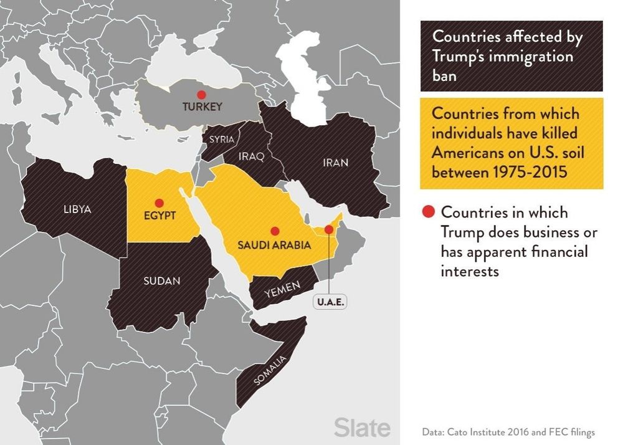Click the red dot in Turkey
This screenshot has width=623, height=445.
click(201, 95)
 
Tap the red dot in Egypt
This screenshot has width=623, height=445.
click(159, 203)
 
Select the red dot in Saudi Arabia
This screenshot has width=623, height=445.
click(275, 231)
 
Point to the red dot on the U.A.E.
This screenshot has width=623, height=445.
click(329, 229)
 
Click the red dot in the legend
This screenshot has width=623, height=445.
click(428, 212)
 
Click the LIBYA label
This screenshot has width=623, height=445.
click(77, 209)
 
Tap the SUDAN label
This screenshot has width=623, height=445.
click(161, 280)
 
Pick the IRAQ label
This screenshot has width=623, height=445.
click(252, 156)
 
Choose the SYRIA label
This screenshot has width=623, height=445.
click(222, 140)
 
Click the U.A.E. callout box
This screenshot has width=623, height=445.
click(330, 302)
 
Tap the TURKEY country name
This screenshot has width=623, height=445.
click(202, 107)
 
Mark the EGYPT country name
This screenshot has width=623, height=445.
click(159, 216)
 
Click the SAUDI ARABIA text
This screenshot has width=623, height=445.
click(274, 245)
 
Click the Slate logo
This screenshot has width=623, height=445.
click(362, 428)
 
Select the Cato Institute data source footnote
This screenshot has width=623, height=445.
click(508, 431)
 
